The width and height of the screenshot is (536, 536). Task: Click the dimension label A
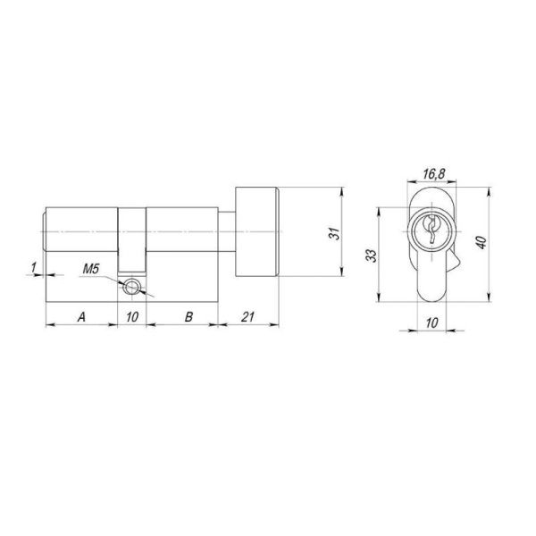point(81,316)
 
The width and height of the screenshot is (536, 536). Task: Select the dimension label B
point(188,316)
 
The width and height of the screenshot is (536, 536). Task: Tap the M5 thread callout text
point(90,269)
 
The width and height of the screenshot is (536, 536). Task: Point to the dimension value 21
point(250,316)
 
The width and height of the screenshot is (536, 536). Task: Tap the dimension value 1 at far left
point(33,265)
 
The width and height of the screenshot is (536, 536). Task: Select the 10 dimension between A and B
point(132,316)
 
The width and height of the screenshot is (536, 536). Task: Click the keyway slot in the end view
point(429,231)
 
